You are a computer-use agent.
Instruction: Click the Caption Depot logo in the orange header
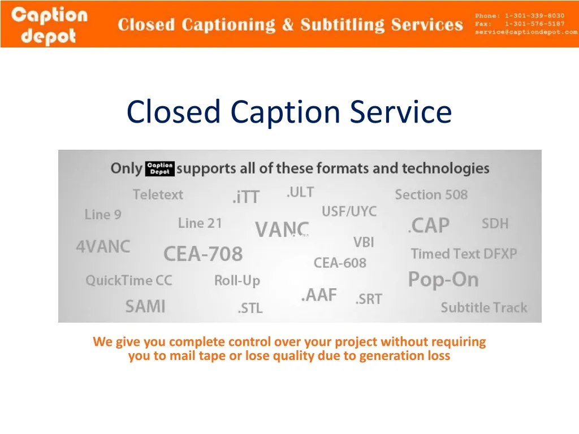[50, 25]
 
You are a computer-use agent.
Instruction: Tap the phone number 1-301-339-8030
[534, 15]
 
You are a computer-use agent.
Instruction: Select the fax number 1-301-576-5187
[534, 24]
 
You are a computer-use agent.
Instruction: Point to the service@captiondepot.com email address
[526, 32]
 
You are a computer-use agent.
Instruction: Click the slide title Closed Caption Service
[289, 111]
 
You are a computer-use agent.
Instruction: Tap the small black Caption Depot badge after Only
[160, 168]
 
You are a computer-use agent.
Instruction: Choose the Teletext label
[158, 195]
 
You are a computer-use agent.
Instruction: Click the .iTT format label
[246, 197]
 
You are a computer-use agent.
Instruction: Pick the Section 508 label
[431, 195]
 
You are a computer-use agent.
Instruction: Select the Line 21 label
[200, 223]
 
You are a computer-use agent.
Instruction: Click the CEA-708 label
[203, 254]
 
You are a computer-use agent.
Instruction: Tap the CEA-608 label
[340, 263]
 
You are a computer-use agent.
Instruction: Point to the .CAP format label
[429, 226]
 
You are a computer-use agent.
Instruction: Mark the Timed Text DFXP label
[464, 254]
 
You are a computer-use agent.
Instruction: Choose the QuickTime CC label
[128, 281]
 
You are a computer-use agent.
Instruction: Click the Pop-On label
[443, 280]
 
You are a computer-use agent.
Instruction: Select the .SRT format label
[369, 300]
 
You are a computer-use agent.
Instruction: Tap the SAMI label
[145, 307]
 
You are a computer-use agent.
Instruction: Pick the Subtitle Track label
[483, 308]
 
